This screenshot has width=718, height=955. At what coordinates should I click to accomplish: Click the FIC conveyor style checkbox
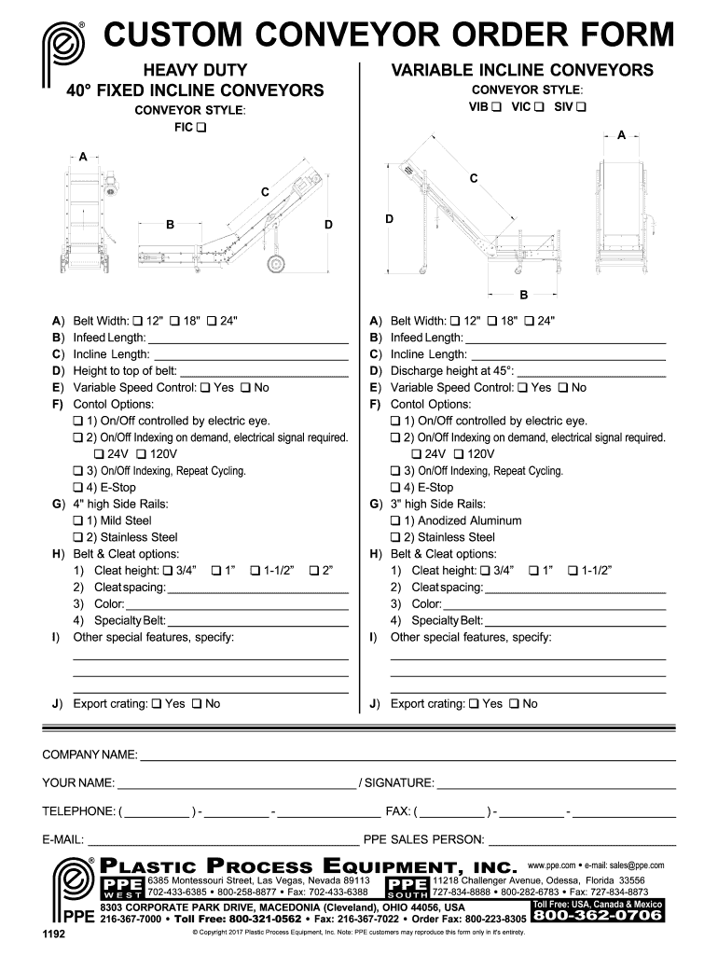[x=201, y=128]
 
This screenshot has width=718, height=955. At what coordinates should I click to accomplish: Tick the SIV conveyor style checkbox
[x=581, y=107]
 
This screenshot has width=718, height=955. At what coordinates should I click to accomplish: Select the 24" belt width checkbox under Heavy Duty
[x=212, y=321]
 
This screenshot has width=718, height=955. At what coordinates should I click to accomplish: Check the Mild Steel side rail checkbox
[x=78, y=520]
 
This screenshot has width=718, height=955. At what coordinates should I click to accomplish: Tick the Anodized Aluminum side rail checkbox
[x=396, y=520]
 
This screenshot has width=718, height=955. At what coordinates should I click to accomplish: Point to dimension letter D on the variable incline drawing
[x=389, y=218]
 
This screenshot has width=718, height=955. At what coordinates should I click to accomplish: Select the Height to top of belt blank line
[x=264, y=371]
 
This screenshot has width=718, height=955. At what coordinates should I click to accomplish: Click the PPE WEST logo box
[x=121, y=885]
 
